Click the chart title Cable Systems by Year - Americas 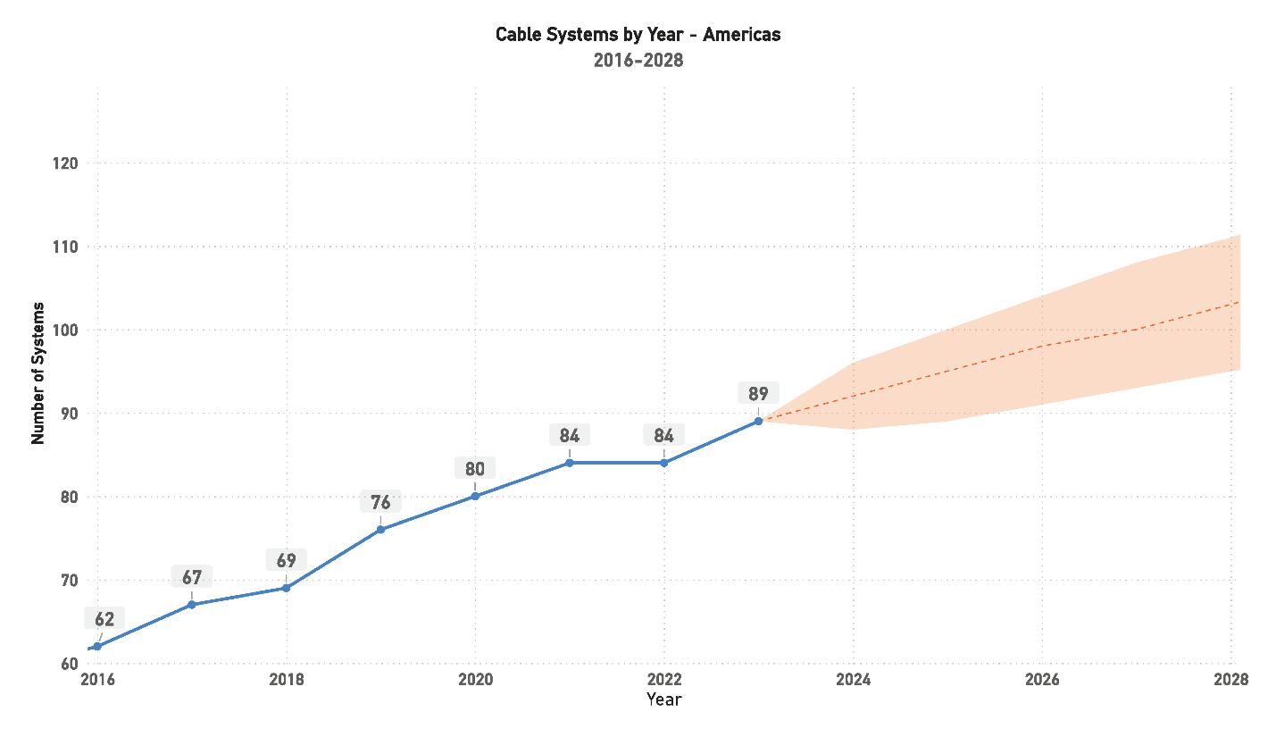(638, 35)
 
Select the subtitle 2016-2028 (638, 61)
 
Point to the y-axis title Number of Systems (38, 373)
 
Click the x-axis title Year (663, 699)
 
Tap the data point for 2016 (97, 646)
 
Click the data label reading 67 (192, 577)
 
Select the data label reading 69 (286, 561)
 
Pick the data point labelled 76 (380, 530)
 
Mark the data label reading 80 (475, 469)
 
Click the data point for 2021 (570, 463)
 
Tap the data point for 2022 (663, 463)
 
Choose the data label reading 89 (758, 394)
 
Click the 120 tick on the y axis (66, 163)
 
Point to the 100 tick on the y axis (66, 331)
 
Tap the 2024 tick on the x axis (853, 680)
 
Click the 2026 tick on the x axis (1042, 680)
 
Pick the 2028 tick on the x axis (1230, 680)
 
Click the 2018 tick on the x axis (286, 680)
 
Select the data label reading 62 (104, 619)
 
